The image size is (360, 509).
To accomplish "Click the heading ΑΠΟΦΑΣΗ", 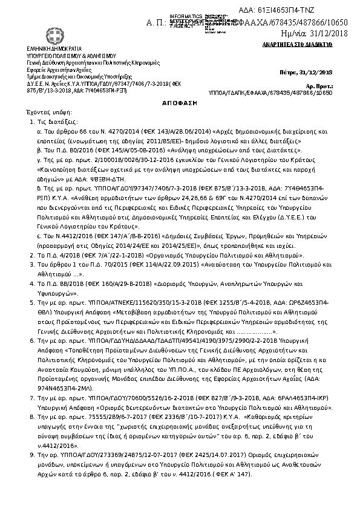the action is click(x=179, y=104).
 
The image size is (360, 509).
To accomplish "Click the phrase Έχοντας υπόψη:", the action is click(x=46, y=113).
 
